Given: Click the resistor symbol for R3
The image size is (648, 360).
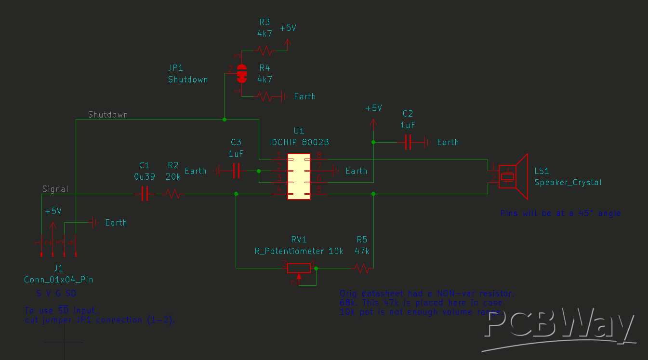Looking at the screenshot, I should coord(264,50).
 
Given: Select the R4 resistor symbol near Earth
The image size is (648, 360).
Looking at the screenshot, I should coord(264,96).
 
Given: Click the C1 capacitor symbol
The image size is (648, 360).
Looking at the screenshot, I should coord(144,194).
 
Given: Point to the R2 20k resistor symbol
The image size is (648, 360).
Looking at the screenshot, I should coord(173,194).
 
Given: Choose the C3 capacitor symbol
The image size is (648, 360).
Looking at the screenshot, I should coord(236,171).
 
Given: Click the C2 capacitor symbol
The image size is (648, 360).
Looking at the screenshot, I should coord(408,142).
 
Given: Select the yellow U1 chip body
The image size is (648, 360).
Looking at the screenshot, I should coord(299,177).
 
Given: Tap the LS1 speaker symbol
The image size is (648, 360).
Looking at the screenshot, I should coord(513,176).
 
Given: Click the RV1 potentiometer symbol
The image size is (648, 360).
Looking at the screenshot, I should coord(299,268).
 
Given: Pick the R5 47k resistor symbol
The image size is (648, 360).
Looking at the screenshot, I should coord(362,268).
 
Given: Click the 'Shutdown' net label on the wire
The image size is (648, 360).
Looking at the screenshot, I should coord(108,115).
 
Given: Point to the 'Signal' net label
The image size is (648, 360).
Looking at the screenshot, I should coord(55,189).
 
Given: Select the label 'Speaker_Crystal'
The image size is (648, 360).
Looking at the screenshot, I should coord(568,182).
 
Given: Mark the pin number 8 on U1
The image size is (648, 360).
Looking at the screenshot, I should coord(319,155).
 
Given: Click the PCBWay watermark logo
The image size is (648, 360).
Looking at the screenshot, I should coord(559,328).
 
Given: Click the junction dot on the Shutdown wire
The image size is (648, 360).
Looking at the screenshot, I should coord(225,119).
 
